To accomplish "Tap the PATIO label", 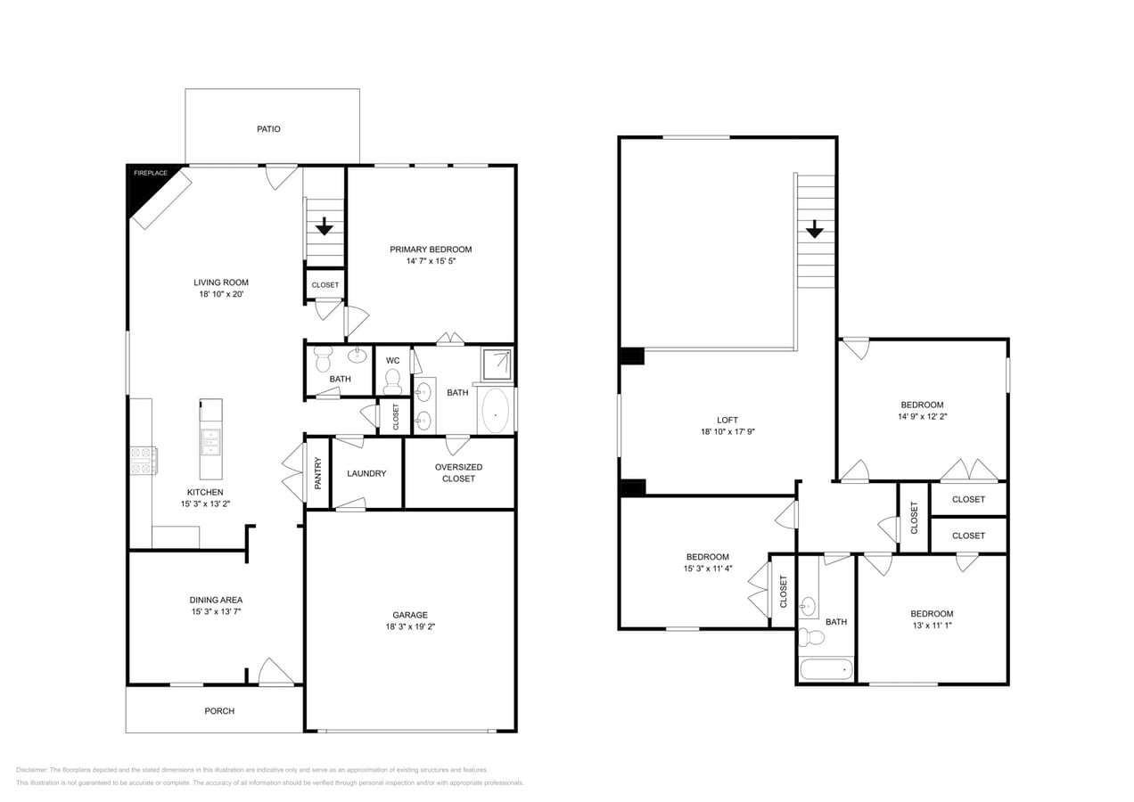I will [268, 129].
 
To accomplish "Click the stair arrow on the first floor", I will [324, 226].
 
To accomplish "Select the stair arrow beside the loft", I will [814, 229].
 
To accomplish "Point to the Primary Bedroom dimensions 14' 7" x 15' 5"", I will [431, 261].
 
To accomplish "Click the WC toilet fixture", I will [392, 381].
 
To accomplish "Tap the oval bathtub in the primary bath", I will [495, 411].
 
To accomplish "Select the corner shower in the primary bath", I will [497, 364].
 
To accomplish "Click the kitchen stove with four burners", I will [143, 460].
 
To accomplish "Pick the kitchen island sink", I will [210, 441].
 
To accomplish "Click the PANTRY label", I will [318, 472].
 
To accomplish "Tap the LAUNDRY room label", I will [366, 473].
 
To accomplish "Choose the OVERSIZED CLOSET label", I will [458, 472].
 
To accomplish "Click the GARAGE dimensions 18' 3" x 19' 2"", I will [410, 626].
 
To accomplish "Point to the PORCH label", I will [219, 711].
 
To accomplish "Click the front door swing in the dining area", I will [275, 673].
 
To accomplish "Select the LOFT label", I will [727, 421].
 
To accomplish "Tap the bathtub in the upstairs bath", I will [826, 669].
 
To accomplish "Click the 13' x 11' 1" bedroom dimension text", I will [932, 626].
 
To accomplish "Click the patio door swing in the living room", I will [281, 176].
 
